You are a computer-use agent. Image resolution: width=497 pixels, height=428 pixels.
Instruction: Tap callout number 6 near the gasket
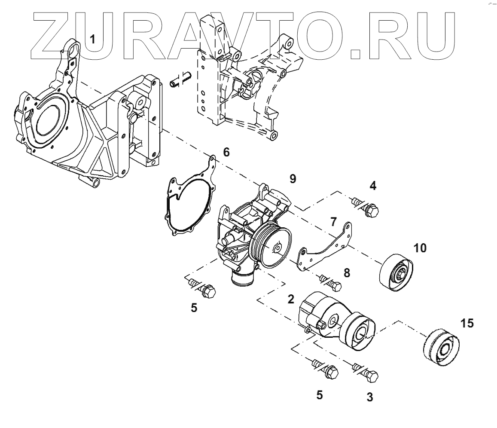click(x=226, y=152)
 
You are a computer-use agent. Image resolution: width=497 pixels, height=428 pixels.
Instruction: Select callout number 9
click(x=292, y=179)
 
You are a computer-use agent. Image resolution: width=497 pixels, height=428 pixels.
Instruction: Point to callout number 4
click(x=373, y=186)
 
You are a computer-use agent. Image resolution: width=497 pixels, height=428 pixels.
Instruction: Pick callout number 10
click(x=421, y=248)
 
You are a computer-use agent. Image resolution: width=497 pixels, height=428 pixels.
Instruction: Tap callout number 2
click(x=291, y=300)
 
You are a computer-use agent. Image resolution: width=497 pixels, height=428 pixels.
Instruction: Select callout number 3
click(x=369, y=397)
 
